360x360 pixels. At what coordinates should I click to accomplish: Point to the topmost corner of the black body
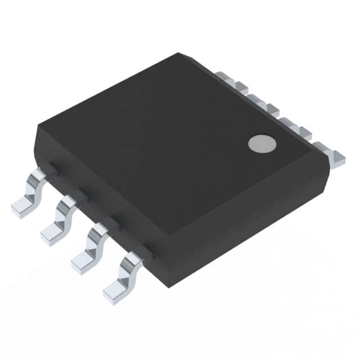click(x=178, y=54)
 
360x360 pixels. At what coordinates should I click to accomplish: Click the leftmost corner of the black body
click(x=37, y=128)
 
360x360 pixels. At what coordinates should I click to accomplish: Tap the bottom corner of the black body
click(x=167, y=284)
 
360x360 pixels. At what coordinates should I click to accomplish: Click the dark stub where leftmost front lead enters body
click(x=50, y=167)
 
